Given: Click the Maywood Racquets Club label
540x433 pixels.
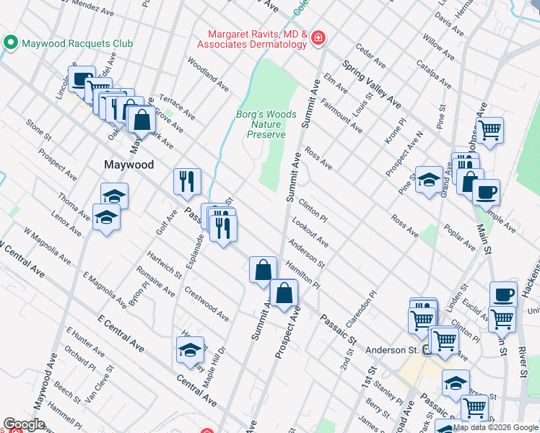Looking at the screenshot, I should (x=77, y=43).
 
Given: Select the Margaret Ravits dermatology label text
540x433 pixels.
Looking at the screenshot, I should (x=258, y=40).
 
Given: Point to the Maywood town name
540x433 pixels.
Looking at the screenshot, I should (x=128, y=165).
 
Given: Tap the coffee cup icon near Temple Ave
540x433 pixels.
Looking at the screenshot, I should (x=486, y=192).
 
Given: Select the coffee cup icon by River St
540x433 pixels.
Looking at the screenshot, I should (x=503, y=294).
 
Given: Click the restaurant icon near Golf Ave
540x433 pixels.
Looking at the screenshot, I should (x=187, y=181).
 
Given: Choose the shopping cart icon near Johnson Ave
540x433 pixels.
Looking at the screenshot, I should (x=489, y=131).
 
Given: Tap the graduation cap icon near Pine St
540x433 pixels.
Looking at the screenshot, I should (x=429, y=179).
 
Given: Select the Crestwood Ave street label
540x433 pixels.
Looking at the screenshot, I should (x=206, y=304).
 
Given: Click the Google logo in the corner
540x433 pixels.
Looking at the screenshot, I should (x=24, y=424).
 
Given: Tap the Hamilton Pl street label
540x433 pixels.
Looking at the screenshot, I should (x=302, y=275).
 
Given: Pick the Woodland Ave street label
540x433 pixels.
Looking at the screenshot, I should (x=208, y=75).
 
